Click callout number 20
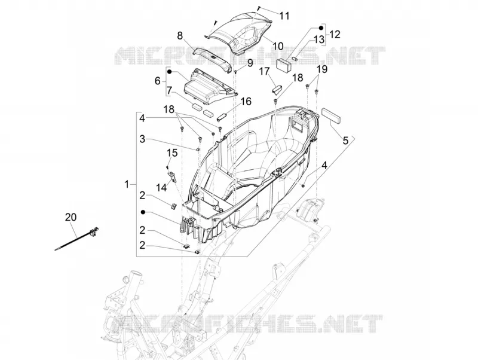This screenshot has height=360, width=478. pos(71,217)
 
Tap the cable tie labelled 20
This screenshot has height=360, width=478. pos(77,239)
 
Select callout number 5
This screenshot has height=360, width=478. pos(345,141)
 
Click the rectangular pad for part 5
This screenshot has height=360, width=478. pos(331,115)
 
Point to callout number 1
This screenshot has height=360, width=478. pos(127,184)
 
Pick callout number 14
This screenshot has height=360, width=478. pos(162,187)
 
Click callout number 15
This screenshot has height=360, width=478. pos(172,152)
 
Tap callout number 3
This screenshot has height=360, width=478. pos(142,139)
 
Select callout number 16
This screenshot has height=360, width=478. pos(246,101)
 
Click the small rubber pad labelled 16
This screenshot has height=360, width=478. pos(222,117)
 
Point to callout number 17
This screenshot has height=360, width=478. pos(265,72)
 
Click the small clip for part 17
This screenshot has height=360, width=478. pos(277,89)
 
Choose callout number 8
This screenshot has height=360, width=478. pos(180,36)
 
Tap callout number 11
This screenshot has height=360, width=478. pos(284,16)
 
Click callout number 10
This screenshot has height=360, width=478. pos(278,46)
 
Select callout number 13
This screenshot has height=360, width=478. pos(320,39)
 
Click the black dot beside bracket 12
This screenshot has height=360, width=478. pos(321,28)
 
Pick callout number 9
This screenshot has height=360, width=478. pos(250,63)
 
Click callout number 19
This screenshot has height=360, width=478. pos(322,69)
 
